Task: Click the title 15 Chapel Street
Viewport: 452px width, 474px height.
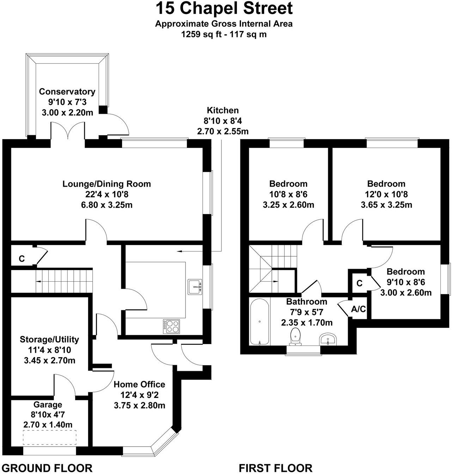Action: [224, 8]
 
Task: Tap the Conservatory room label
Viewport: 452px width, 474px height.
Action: [67, 92]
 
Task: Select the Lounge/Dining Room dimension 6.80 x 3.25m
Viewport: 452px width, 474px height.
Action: [107, 205]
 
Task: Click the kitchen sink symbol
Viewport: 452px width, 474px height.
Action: [195, 287]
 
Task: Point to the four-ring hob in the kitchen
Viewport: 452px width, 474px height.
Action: [171, 326]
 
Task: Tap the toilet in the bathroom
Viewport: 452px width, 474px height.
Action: [295, 336]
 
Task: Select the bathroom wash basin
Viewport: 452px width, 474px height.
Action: [328, 340]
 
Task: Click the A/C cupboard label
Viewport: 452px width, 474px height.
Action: [359, 309]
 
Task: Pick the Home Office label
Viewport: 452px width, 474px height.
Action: [139, 384]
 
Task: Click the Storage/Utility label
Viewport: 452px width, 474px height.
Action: [49, 339]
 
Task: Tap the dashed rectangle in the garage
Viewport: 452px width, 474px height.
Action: [50, 438]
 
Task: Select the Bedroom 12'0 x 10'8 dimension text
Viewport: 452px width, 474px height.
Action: [386, 194]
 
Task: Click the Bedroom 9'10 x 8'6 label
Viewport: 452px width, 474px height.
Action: [405, 272]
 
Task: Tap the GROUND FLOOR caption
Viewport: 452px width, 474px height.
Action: [47, 468]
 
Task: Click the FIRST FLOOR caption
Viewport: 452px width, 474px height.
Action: [276, 468]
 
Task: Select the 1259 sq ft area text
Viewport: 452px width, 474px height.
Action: [201, 35]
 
